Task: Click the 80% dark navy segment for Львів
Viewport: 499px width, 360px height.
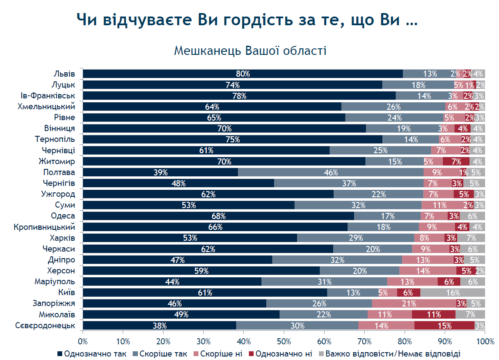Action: click(243, 74)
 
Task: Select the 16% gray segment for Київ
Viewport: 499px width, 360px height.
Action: click(452, 293)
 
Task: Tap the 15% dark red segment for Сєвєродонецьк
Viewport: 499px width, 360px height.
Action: click(444, 325)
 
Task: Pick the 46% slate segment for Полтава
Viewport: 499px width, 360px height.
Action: click(331, 172)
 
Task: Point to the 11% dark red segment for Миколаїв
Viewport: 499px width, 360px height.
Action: click(433, 314)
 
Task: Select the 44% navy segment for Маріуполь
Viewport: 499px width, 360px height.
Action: click(172, 282)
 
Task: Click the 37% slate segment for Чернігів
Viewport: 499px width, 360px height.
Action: click(349, 183)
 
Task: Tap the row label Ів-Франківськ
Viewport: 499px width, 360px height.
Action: click(48, 95)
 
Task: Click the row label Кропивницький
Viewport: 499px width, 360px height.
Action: click(44, 227)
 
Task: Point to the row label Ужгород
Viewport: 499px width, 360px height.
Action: click(58, 194)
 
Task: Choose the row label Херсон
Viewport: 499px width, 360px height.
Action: click(61, 271)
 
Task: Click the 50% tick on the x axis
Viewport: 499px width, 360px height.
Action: click(284, 342)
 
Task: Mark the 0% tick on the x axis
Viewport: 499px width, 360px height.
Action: click(83, 342)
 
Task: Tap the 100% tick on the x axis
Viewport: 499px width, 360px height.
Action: click(485, 342)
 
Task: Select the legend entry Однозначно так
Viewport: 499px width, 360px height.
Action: click(92, 353)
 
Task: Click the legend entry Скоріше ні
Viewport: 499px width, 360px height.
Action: click(218, 353)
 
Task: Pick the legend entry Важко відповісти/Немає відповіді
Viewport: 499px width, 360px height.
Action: click(389, 353)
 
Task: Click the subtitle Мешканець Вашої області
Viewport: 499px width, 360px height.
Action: click(250, 51)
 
